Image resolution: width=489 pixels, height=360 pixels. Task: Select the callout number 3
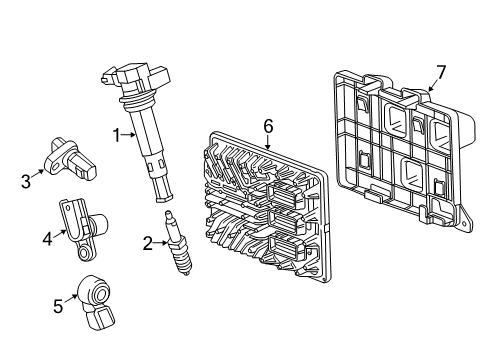25,180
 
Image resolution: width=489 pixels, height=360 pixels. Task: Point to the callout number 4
45,238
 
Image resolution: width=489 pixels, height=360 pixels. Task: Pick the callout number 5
58,306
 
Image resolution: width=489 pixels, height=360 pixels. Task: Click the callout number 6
267,125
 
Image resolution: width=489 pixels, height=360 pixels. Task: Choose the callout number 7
441,71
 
